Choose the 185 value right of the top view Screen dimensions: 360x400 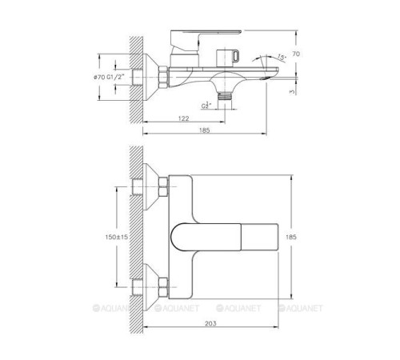314,238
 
